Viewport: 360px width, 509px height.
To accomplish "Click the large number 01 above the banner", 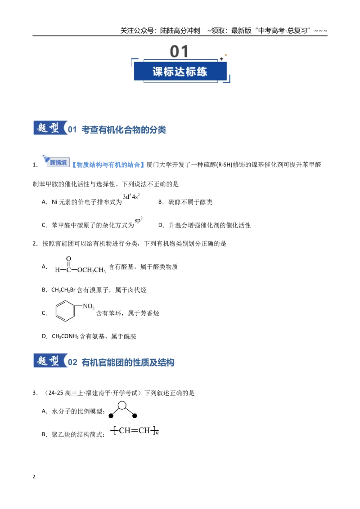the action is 179,52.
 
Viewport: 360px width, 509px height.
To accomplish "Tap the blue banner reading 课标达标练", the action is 180,71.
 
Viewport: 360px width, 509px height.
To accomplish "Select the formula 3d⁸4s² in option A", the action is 131,196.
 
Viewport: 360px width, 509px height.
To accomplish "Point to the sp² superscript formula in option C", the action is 139,220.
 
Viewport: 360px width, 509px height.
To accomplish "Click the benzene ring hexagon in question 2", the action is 65,311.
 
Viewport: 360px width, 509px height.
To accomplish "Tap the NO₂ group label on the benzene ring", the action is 88,306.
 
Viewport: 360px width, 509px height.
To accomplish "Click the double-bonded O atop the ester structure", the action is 68,259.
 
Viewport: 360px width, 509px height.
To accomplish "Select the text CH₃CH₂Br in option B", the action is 63,290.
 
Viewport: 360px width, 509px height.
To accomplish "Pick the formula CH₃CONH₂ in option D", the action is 65,337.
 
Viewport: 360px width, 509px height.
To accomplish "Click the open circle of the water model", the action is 122,405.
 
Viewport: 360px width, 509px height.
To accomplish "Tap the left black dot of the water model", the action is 111,416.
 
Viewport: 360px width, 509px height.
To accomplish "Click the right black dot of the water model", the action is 135,416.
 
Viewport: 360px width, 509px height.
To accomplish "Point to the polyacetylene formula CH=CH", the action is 135,431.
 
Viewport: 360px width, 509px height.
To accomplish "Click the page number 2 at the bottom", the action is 34,477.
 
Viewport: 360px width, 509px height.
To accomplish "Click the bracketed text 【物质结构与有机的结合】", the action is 108,165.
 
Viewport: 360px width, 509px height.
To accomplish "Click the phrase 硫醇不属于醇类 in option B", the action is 190,202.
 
